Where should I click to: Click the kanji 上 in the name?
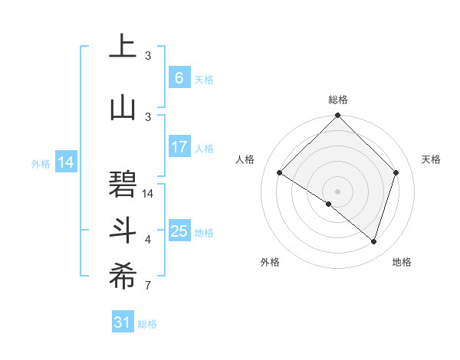tap(123, 46)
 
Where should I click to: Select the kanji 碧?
tap(123, 183)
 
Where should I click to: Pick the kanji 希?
tap(123, 277)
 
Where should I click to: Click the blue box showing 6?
tap(179, 78)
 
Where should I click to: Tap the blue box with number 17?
tap(179, 147)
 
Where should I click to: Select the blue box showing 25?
tap(179, 231)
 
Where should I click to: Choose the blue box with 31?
tap(123, 322)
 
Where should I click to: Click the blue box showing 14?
tap(66, 162)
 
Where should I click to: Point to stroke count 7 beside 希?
tap(147, 286)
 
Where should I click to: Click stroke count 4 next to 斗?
tap(147, 240)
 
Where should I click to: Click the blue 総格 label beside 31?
tap(147, 324)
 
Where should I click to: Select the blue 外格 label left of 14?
tap(41, 163)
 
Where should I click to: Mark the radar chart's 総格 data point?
tap(337, 116)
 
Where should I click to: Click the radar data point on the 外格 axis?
tap(328, 204)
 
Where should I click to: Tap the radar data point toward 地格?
tap(373, 241)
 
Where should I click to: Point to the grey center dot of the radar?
tap(337, 191)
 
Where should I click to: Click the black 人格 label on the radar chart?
tap(245, 159)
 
